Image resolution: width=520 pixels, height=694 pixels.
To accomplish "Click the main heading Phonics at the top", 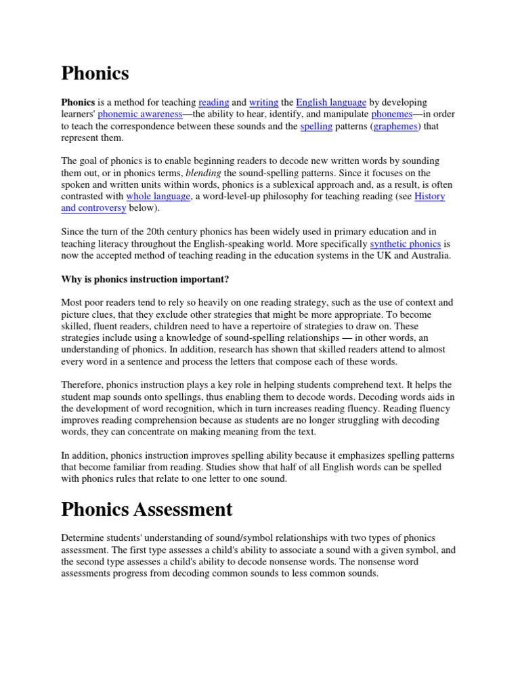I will (x=95, y=73).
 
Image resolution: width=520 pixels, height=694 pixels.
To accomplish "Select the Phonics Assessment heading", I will (x=147, y=508).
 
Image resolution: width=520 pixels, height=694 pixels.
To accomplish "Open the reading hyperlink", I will (x=214, y=102).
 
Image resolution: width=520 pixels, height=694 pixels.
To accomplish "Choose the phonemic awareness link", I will (x=140, y=115).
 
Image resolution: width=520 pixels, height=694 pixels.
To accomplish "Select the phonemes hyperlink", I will (x=392, y=115).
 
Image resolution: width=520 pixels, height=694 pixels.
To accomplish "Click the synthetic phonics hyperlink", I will (x=406, y=244).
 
